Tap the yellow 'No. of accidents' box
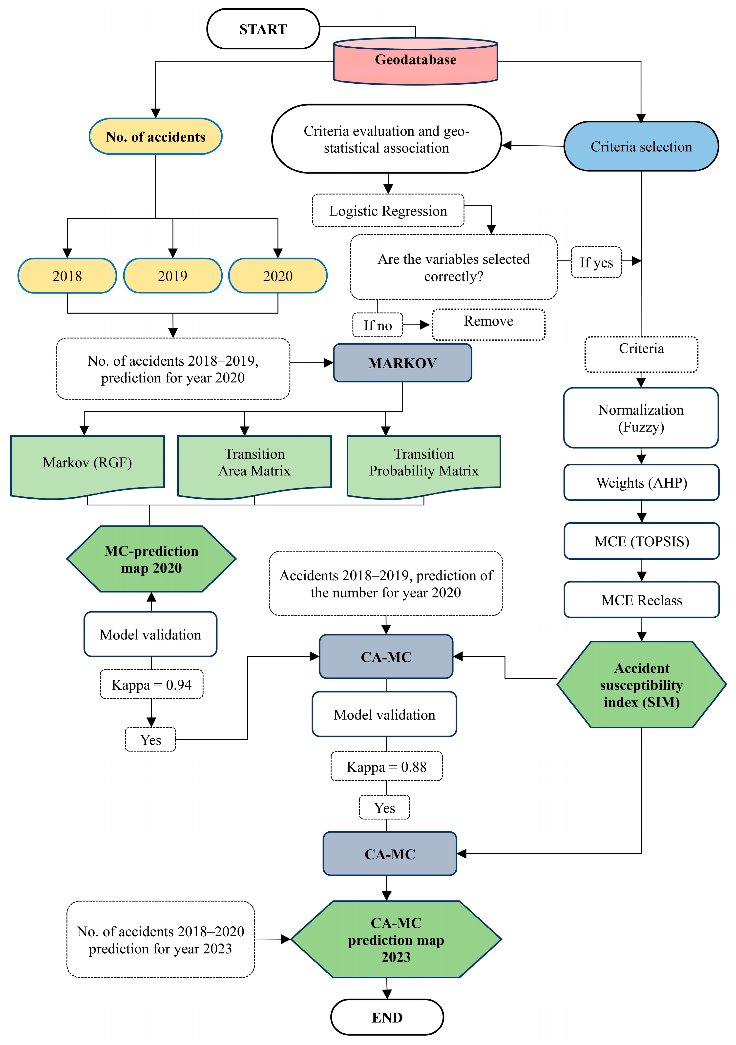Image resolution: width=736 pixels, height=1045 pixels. coord(155,137)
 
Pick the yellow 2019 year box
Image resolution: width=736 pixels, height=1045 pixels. coord(173,276)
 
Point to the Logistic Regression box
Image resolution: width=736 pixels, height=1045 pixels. coord(388,211)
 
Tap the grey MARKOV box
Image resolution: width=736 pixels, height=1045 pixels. coord(402,363)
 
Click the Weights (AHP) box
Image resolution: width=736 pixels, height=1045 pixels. coord(641,482)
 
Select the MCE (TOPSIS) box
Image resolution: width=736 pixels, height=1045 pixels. coord(641,541)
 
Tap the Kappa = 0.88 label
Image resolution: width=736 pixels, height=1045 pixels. coord(386,767)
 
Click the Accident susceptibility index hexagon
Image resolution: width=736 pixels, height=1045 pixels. coord(641,685)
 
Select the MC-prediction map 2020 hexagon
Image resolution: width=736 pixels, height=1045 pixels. coord(151,559)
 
